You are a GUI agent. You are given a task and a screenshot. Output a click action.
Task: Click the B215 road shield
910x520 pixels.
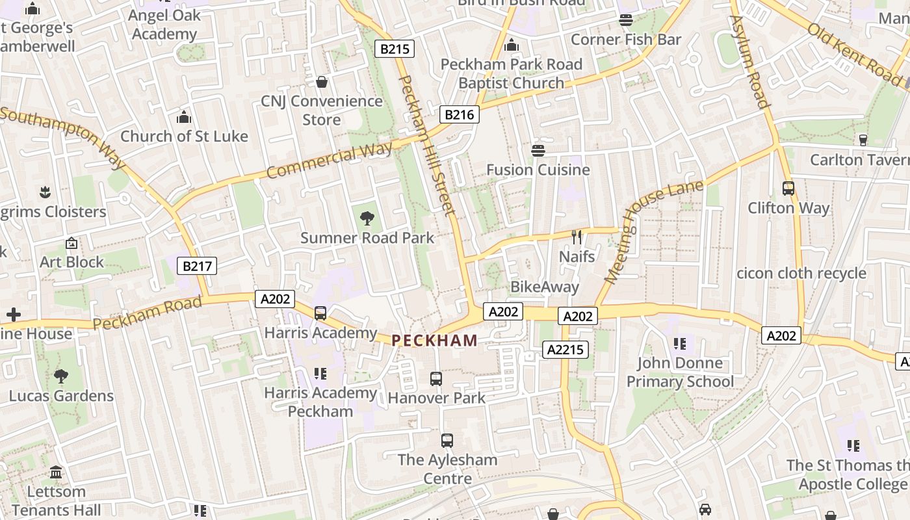[x=395, y=49]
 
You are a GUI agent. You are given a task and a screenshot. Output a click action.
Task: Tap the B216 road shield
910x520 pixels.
[x=459, y=115]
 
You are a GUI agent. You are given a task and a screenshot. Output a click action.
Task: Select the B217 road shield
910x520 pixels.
[x=196, y=266]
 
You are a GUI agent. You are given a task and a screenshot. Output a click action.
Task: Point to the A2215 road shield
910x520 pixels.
[x=565, y=350]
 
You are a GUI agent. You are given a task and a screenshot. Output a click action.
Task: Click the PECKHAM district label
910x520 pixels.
[x=435, y=340]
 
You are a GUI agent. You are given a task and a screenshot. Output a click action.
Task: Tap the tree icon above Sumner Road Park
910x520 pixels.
[x=367, y=218]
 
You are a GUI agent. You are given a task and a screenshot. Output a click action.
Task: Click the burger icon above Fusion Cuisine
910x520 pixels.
[x=538, y=151]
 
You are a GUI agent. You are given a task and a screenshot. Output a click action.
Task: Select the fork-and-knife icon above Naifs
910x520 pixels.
[x=577, y=237]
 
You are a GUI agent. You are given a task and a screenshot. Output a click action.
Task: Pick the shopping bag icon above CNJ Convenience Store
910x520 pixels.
[x=321, y=82]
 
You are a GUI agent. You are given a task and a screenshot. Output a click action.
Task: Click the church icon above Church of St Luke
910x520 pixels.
[x=184, y=117]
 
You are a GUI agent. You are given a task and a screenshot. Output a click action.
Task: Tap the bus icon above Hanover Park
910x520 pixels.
[x=436, y=378]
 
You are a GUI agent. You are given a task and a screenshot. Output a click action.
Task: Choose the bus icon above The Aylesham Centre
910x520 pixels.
[x=447, y=440]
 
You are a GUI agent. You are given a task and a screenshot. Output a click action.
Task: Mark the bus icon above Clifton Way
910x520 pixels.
[x=788, y=188]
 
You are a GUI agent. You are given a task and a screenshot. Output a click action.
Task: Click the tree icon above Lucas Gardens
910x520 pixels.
[x=61, y=376]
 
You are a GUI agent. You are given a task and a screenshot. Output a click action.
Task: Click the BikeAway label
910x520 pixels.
[x=545, y=287]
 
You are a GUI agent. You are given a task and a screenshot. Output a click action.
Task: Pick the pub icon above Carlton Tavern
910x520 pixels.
[x=863, y=140]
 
